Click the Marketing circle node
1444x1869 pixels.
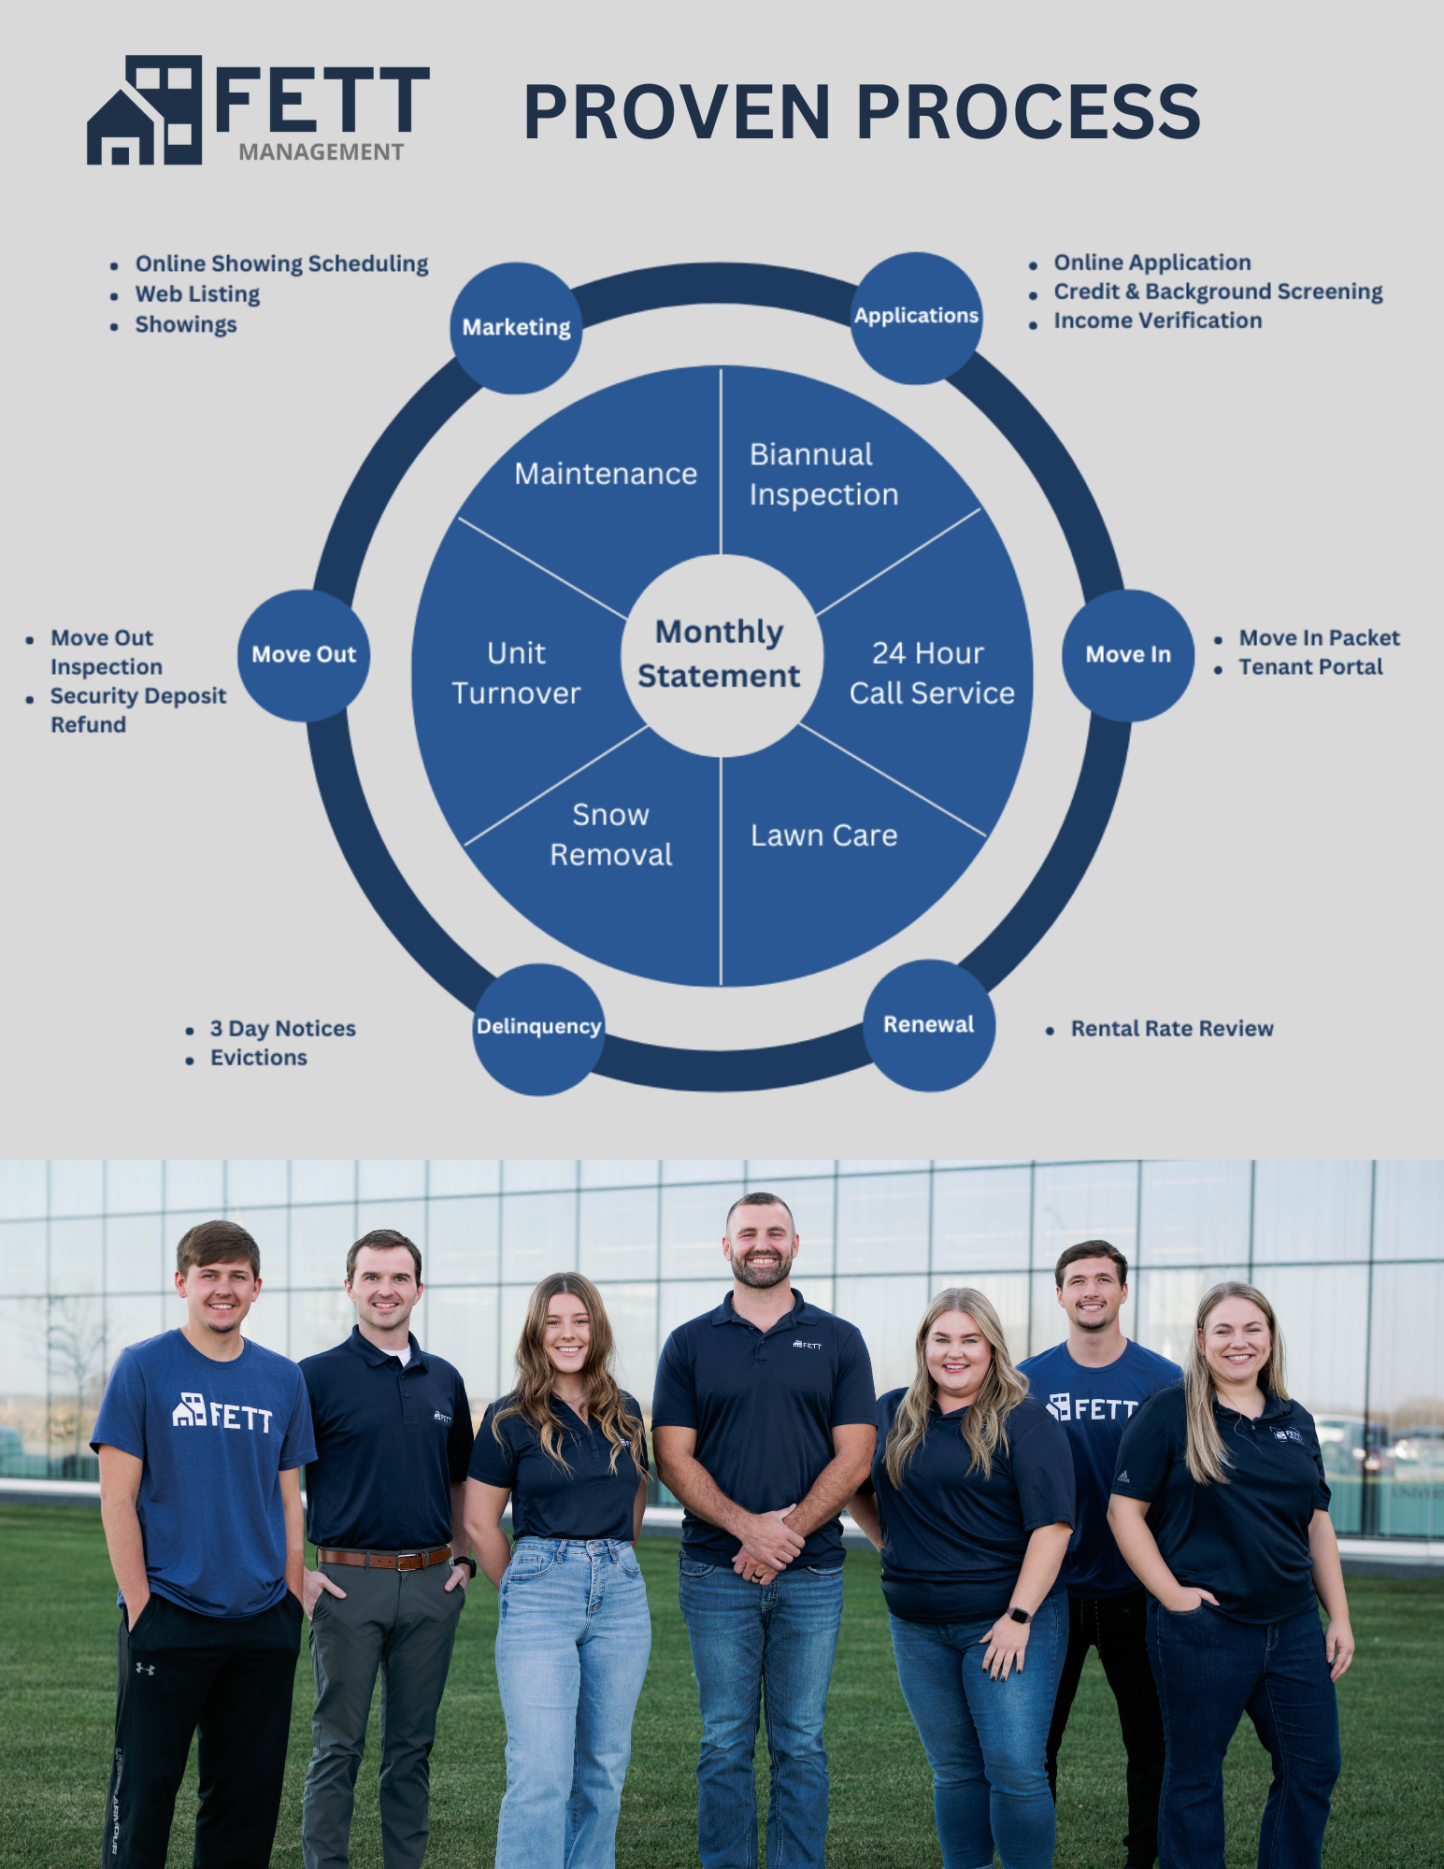516,327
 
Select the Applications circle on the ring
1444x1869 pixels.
916,317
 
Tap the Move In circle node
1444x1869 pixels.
1128,654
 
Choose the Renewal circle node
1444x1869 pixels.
928,1025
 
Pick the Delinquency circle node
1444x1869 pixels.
538,1028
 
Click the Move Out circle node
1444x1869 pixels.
304,654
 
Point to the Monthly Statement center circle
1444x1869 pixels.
720,654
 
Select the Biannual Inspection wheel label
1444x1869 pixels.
822,475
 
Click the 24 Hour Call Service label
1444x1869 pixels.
931,673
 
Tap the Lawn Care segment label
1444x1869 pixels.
823,835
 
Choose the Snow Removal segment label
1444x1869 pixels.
610,835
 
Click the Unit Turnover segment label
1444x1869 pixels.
516,673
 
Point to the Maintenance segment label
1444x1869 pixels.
606,474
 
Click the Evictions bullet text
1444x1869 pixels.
258,1058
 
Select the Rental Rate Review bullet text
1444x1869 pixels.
1172,1029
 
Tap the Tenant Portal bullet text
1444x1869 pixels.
1310,667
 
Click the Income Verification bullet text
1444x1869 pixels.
1157,321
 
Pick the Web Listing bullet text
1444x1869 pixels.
197,294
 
